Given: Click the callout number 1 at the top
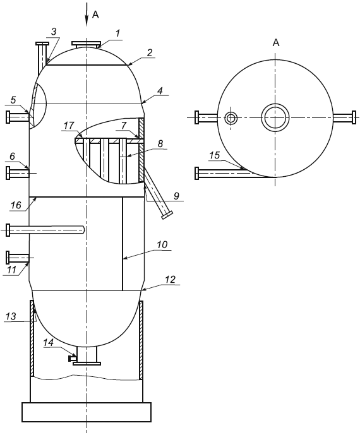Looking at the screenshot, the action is point(117,33).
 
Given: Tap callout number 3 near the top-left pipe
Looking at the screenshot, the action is point(54,32).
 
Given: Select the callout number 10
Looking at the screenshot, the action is point(162,244).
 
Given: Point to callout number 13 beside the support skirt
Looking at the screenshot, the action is point(11,316).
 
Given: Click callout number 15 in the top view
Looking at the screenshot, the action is point(214,155).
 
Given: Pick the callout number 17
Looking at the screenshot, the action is point(69,126).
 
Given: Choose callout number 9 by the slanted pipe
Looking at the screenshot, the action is point(177,196).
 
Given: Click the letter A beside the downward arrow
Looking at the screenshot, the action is point(95,15).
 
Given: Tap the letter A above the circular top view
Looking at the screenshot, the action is point(275,43).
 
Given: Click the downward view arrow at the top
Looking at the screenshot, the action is point(87,15).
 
